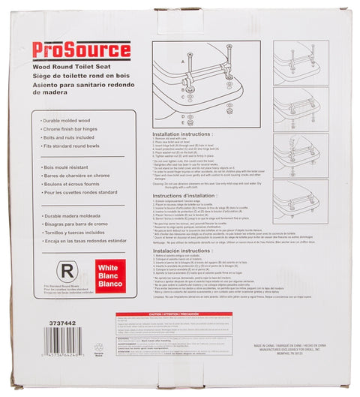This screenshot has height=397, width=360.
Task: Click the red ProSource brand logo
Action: click(x=81, y=50)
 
